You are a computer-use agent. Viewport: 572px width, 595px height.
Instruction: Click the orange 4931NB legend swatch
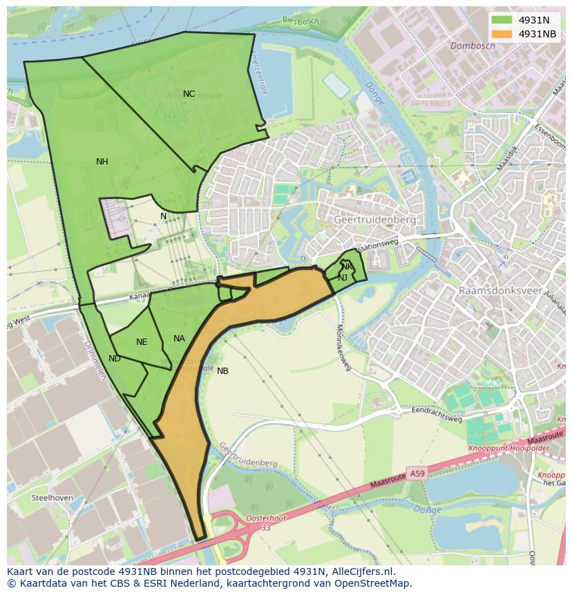(x=502, y=34)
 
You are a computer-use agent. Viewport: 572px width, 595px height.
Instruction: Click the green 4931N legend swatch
(x=502, y=20)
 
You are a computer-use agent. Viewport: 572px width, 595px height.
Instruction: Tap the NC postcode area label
(x=189, y=94)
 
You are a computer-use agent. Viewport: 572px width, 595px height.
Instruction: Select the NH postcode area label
(x=102, y=162)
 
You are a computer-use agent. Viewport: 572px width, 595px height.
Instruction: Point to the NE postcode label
(x=142, y=342)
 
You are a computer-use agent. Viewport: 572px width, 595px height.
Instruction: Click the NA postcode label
(x=179, y=339)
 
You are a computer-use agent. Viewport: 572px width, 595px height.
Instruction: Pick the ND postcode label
(x=115, y=359)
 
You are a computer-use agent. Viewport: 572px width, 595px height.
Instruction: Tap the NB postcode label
(x=222, y=371)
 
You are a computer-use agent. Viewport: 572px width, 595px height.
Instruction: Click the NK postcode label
(x=347, y=267)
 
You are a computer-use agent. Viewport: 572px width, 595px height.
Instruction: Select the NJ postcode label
(x=343, y=278)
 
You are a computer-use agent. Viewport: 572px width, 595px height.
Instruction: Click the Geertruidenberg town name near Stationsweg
(x=374, y=220)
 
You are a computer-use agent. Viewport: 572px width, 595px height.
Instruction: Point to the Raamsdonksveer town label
(x=500, y=291)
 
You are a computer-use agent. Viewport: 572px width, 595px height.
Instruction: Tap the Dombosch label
(x=473, y=46)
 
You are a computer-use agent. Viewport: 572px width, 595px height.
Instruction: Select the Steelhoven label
(x=53, y=498)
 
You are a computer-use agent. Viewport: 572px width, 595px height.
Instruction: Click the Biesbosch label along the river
(x=301, y=21)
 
